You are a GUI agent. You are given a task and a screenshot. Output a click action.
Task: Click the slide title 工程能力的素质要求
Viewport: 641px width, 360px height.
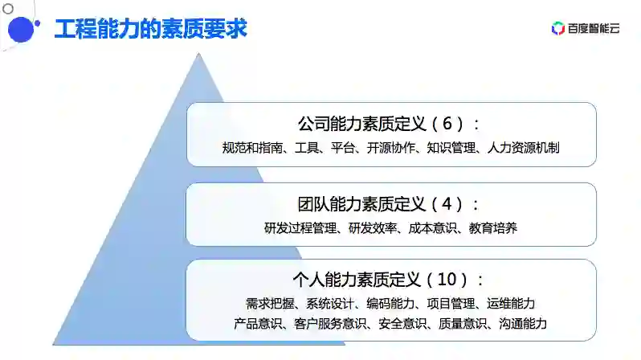150,29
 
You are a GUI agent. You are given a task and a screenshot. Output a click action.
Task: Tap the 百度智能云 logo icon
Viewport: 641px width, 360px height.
558,29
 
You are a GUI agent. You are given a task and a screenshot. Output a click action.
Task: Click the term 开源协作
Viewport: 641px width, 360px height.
391,148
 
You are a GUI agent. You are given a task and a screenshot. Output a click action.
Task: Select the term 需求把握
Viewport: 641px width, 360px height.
270,304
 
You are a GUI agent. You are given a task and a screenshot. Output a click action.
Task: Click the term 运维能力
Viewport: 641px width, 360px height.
511,304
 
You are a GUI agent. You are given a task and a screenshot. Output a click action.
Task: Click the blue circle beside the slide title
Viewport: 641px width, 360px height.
20,30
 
